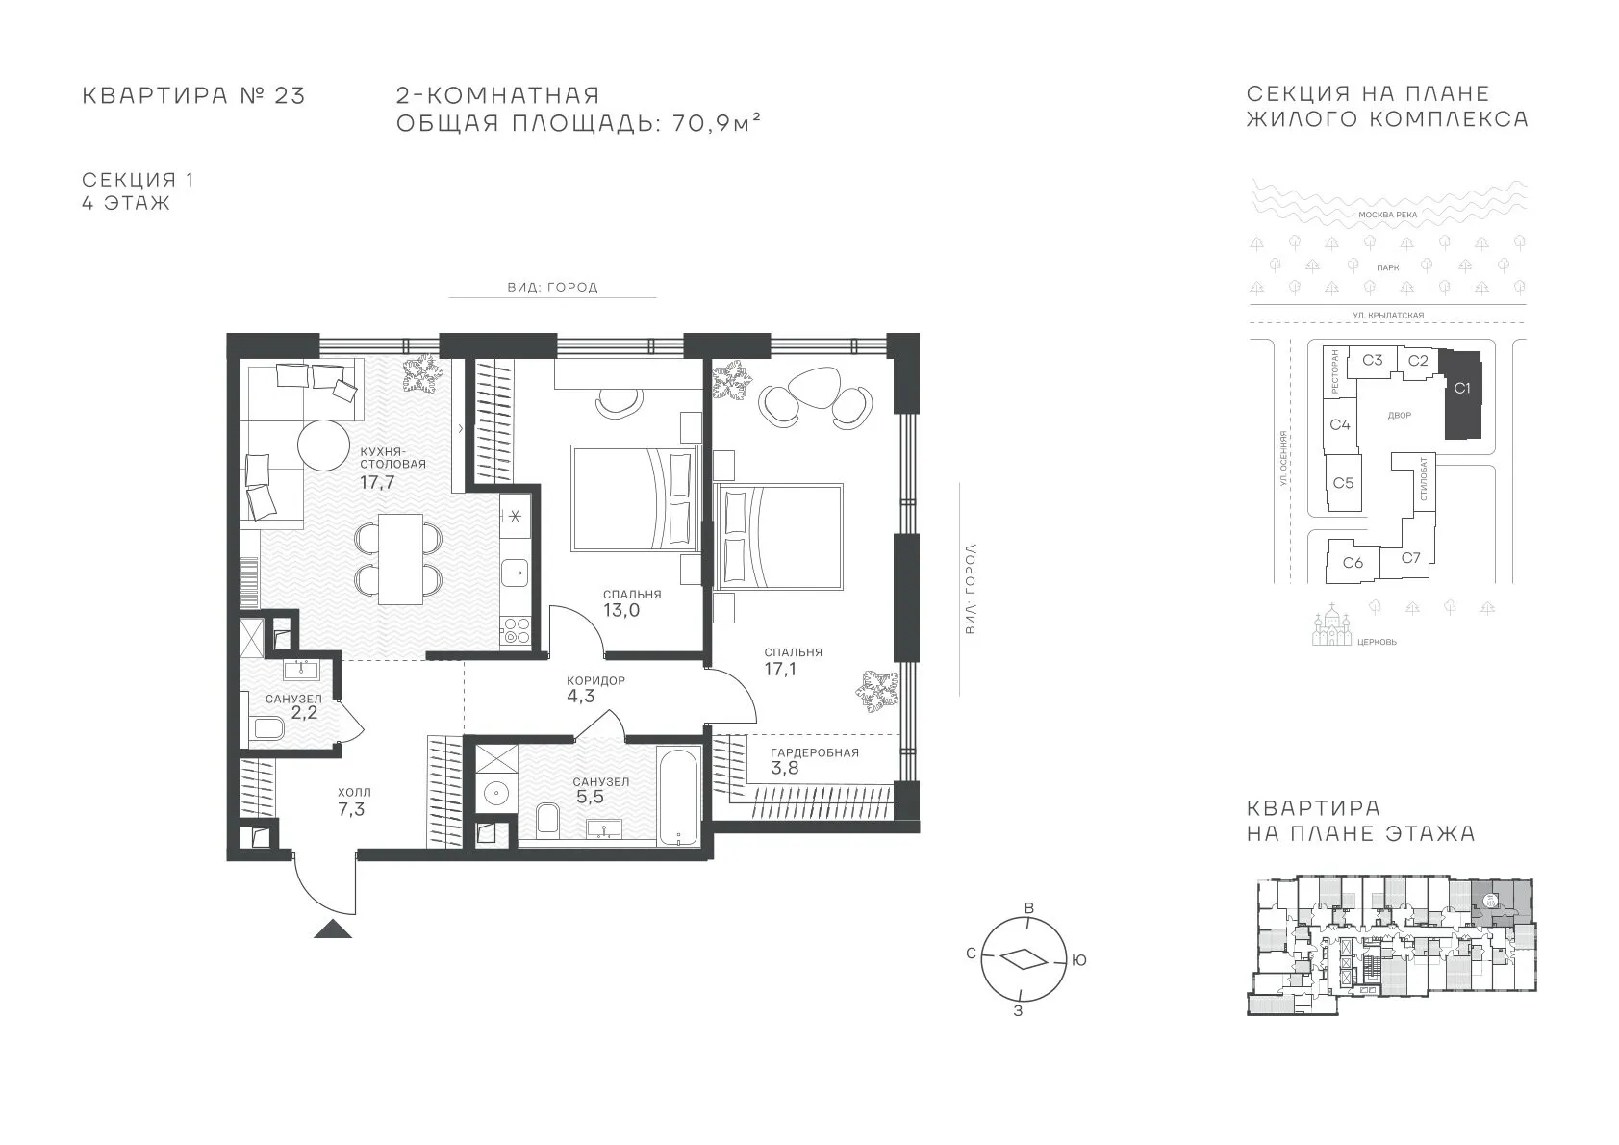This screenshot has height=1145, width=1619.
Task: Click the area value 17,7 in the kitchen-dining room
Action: (377, 482)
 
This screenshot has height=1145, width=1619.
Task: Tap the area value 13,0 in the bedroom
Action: (621, 610)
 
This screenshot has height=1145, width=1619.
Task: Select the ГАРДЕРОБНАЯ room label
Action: (815, 752)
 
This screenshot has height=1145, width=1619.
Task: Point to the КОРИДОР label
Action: (595, 680)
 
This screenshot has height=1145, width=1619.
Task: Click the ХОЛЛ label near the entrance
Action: (354, 792)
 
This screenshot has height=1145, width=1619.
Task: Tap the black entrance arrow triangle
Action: (333, 929)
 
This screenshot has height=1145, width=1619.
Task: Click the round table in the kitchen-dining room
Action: (324, 446)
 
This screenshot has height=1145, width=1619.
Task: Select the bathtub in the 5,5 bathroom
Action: (678, 797)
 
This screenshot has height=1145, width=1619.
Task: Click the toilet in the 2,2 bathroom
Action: (266, 728)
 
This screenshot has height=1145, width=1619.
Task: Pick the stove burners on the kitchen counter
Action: (516, 629)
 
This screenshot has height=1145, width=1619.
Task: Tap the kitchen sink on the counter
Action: (516, 572)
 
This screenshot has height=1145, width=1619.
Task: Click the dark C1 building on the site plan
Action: (1462, 394)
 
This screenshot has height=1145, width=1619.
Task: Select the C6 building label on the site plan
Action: (1353, 562)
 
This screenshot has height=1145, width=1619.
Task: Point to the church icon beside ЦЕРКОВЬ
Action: (1331, 627)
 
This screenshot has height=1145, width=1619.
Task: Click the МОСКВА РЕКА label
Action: (1388, 215)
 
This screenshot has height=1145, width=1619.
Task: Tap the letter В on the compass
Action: (1029, 908)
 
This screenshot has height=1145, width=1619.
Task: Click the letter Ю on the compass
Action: (1078, 960)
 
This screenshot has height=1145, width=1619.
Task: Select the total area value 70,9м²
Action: (717, 123)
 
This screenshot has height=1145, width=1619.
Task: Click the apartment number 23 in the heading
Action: (290, 95)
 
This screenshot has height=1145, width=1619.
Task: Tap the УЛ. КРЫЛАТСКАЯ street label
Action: (1388, 316)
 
